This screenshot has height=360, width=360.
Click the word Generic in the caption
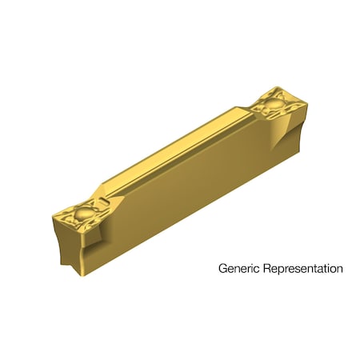(x=238, y=270)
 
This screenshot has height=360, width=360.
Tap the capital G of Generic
(x=223, y=269)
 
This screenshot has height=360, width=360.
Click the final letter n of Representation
(x=339, y=270)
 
